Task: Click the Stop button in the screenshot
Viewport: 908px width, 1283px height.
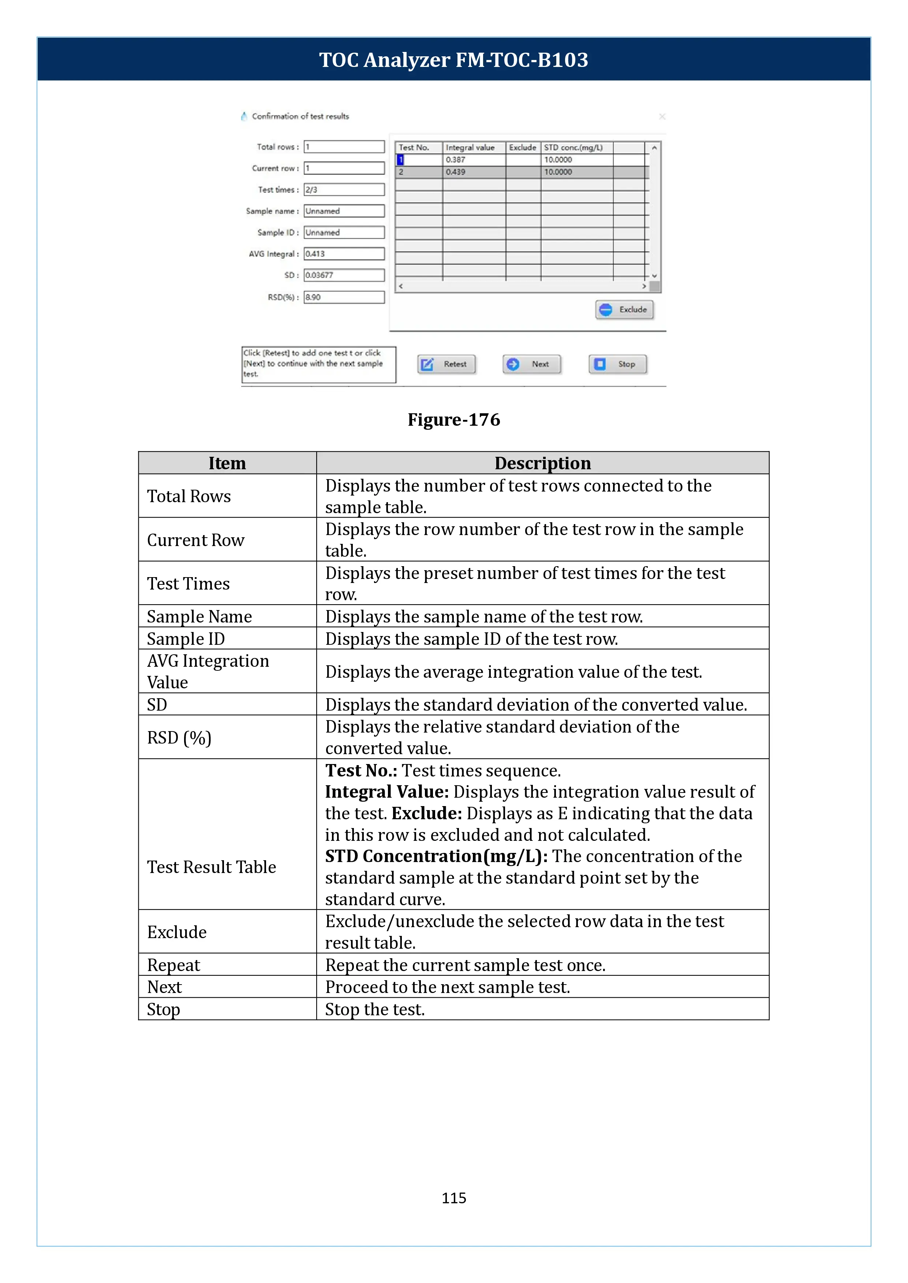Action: pyautogui.click(x=617, y=364)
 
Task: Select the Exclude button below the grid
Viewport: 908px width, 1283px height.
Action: pyautogui.click(x=624, y=309)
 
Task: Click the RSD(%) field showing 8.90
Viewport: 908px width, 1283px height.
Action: pyautogui.click(x=344, y=297)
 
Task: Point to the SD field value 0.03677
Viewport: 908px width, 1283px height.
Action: pyautogui.click(x=344, y=275)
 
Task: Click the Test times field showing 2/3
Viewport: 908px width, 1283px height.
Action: pyautogui.click(x=344, y=190)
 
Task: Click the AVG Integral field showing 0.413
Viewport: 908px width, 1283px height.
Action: pyautogui.click(x=344, y=254)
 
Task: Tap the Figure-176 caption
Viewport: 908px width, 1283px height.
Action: pyautogui.click(x=453, y=419)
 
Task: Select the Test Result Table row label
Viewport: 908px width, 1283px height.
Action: pyautogui.click(x=211, y=867)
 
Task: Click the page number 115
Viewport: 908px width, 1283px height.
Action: pyautogui.click(x=453, y=1197)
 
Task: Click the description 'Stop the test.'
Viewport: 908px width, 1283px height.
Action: pyautogui.click(x=375, y=1009)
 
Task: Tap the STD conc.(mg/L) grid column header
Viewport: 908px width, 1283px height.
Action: pyautogui.click(x=573, y=147)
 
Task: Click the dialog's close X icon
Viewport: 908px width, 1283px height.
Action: pyautogui.click(x=662, y=116)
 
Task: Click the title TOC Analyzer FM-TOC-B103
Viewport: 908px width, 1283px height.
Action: pyautogui.click(x=453, y=60)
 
